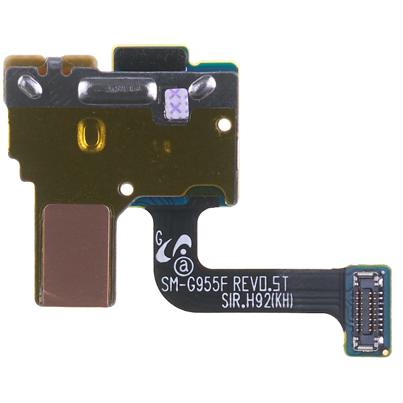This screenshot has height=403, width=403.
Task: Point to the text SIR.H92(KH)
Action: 257,301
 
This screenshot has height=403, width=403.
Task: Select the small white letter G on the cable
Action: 159,235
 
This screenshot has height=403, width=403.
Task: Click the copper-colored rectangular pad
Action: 77,255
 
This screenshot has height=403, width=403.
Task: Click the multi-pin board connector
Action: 367,311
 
